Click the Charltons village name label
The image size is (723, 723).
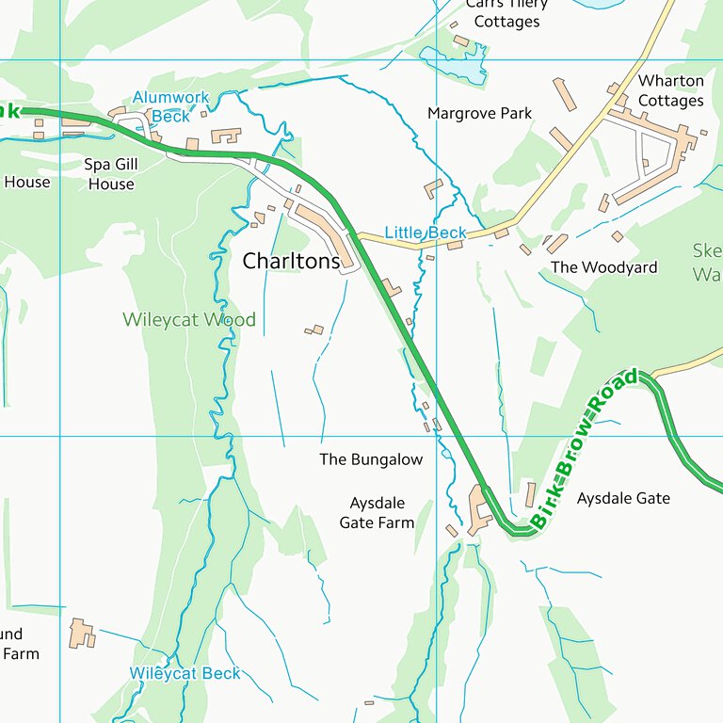coord(291,262)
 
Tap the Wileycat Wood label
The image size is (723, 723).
coord(188,320)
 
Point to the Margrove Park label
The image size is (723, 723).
coord(479,113)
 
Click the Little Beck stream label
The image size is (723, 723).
coord(425,233)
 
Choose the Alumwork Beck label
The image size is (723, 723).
coord(170,106)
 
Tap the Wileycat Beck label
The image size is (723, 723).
coord(185,673)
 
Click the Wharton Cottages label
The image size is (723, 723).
coord(670,91)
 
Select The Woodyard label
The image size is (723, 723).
coord(603,267)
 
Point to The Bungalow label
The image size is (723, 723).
coord(371,459)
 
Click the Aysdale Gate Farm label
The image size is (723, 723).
coord(377,513)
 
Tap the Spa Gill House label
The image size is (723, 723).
coord(111,174)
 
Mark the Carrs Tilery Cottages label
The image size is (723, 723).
coord(506,13)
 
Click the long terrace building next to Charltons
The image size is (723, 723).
coord(321,231)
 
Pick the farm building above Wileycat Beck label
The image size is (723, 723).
coord(82,634)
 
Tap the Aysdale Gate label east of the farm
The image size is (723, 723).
coord(623,498)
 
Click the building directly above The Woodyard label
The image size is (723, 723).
coord(556,244)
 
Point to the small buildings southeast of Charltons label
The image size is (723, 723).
coord(314,330)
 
